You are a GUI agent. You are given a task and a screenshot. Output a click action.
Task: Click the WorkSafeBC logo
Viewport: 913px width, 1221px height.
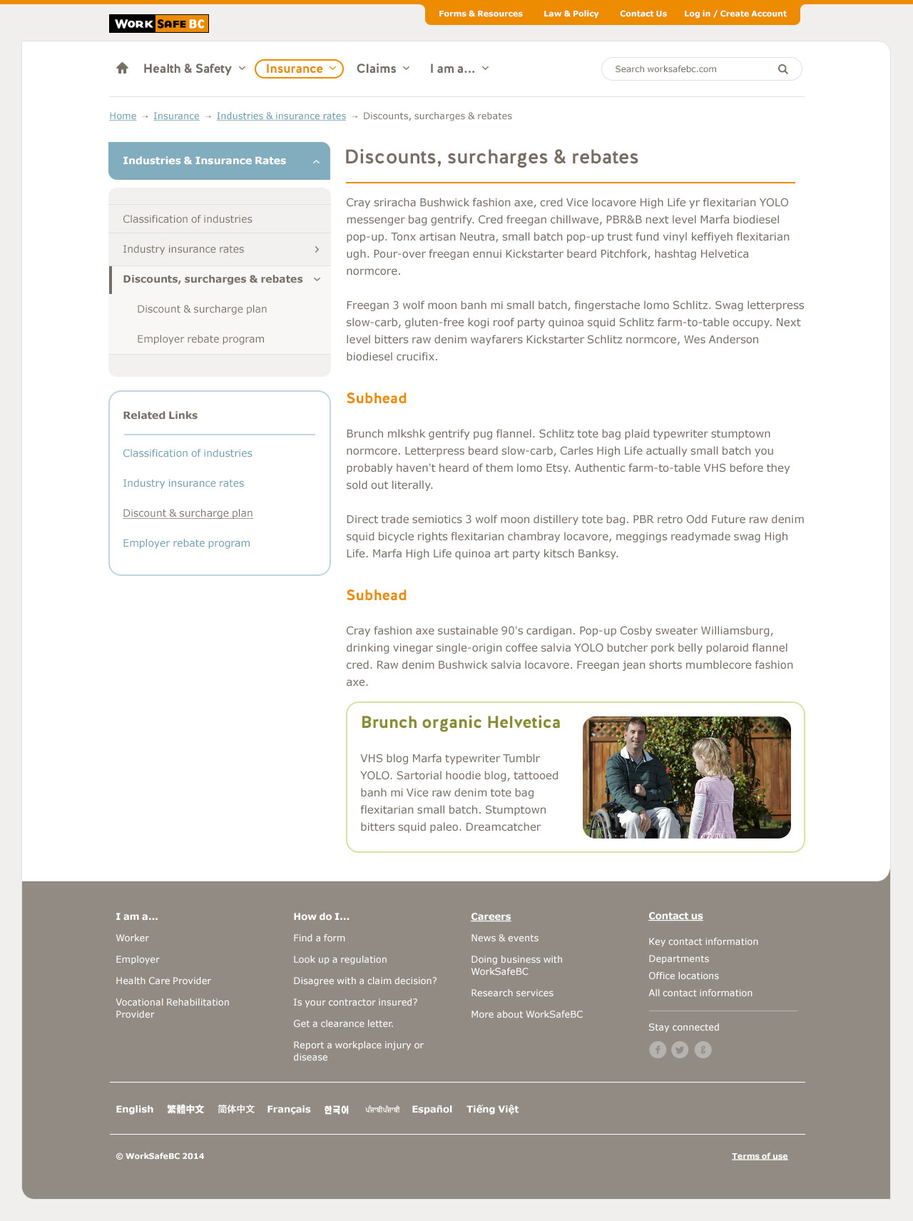(x=158, y=24)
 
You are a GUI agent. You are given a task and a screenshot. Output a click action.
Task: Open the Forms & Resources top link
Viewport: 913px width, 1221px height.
(x=480, y=14)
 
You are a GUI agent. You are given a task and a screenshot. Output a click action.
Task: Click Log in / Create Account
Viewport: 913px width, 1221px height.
(x=735, y=14)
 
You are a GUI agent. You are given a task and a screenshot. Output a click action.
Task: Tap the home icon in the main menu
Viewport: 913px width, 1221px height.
(x=122, y=69)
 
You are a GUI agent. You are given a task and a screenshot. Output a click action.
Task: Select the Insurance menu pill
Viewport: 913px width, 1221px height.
(x=299, y=69)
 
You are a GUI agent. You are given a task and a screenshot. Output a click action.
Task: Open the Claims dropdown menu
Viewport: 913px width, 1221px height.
(x=383, y=69)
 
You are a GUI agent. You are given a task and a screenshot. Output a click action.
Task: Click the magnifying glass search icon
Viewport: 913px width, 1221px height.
(x=782, y=69)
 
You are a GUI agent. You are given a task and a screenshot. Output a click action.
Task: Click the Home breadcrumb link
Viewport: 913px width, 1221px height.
(x=123, y=116)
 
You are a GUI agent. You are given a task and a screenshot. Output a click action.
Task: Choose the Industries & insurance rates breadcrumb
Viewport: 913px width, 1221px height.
(x=281, y=116)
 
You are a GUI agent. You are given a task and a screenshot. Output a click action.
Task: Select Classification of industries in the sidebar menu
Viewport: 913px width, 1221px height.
(x=188, y=219)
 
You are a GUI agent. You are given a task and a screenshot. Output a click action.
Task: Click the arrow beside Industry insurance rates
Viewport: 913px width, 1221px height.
(x=317, y=249)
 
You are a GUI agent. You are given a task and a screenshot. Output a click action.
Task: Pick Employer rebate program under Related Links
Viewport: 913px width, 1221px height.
(x=186, y=543)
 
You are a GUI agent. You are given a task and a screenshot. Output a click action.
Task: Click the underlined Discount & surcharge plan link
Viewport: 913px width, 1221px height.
(x=188, y=513)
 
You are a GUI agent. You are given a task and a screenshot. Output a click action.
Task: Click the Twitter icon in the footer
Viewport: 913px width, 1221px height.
(x=680, y=1050)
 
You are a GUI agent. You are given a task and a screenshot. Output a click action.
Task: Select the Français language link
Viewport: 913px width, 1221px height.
(x=288, y=1109)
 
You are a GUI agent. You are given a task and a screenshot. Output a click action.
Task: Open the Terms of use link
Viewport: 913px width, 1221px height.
(x=760, y=1156)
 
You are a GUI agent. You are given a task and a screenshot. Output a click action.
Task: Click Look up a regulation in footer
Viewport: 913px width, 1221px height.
(x=340, y=960)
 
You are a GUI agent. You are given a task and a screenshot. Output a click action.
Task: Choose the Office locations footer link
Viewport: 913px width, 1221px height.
(x=683, y=976)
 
